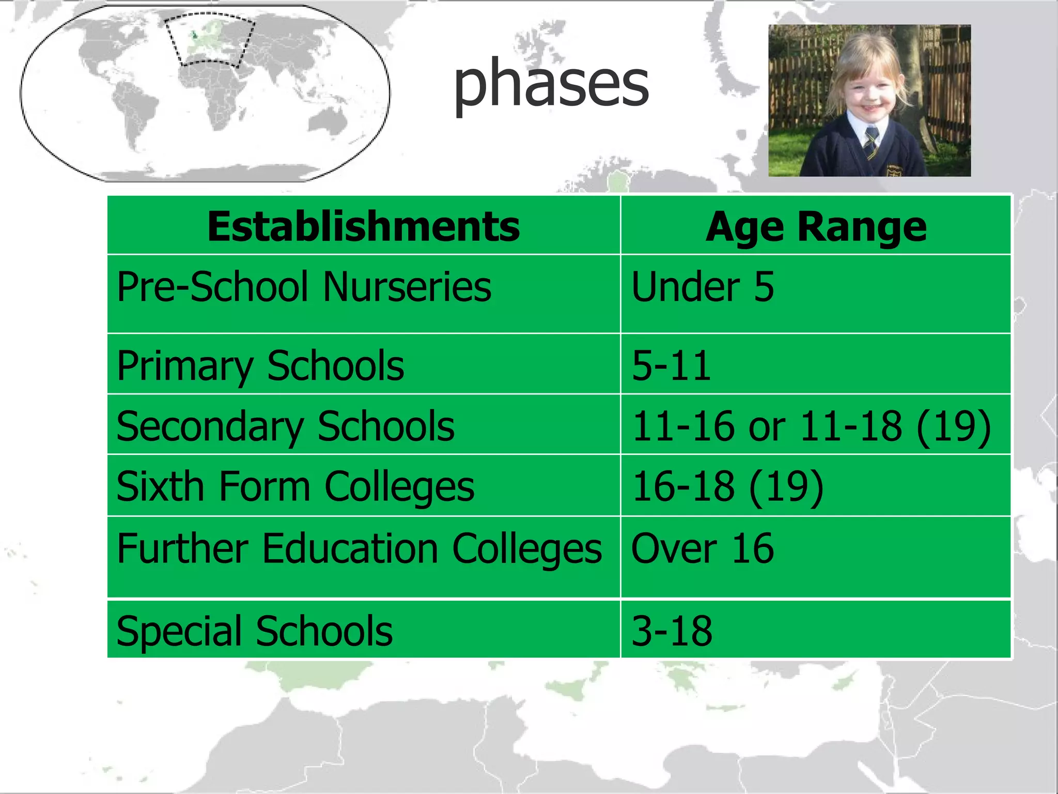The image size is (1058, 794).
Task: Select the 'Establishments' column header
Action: click(x=363, y=226)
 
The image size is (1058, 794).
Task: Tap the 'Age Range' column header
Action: click(x=816, y=226)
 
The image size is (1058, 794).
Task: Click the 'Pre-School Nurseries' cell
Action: click(x=304, y=287)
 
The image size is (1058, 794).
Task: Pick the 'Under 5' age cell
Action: click(x=703, y=287)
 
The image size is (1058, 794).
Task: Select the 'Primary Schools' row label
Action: click(x=260, y=365)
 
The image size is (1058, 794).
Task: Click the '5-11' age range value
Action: click(x=672, y=365)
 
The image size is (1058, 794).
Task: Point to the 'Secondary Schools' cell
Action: click(x=285, y=426)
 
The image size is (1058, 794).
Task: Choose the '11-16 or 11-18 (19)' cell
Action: click(x=811, y=426)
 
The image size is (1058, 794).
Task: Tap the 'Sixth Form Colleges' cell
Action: click(x=295, y=486)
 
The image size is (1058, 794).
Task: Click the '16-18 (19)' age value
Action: click(x=727, y=486)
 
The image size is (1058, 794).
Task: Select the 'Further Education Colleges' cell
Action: click(x=359, y=548)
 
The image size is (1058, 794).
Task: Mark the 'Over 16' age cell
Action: click(x=703, y=548)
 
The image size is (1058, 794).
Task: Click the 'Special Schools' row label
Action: click(x=255, y=631)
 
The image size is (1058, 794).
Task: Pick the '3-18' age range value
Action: click(x=672, y=631)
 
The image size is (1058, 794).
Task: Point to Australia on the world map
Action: click(x=328, y=123)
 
